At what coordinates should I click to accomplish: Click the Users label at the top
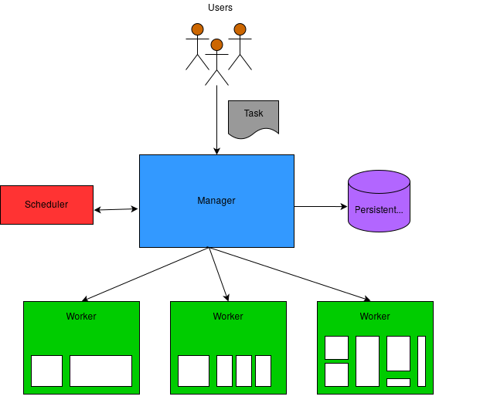[x=220, y=8]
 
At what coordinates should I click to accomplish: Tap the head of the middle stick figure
[x=216, y=45]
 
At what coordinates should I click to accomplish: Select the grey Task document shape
[x=254, y=119]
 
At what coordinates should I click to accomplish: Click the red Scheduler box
[x=47, y=205]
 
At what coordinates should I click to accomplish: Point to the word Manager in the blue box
[x=216, y=201]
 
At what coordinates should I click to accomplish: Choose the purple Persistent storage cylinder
[x=379, y=201]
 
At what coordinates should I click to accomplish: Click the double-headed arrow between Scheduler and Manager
[x=116, y=209]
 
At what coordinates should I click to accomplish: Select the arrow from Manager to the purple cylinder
[x=321, y=207]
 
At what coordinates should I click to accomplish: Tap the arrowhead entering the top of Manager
[x=216, y=151]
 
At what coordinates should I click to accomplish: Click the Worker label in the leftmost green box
[x=81, y=317]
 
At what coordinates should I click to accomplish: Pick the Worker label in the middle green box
[x=228, y=317]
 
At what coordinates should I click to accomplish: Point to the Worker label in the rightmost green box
[x=375, y=317]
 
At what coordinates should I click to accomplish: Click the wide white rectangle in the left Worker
[x=101, y=371]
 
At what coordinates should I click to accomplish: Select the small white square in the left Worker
[x=47, y=371]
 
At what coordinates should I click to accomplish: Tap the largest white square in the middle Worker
[x=193, y=371]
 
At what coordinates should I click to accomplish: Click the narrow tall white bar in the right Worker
[x=421, y=361]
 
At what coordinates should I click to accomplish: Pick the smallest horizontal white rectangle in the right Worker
[x=398, y=382]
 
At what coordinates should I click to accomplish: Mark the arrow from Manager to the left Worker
[x=145, y=274]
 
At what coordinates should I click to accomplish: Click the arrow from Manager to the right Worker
[x=289, y=274]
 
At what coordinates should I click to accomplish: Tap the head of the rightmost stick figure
[x=240, y=29]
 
